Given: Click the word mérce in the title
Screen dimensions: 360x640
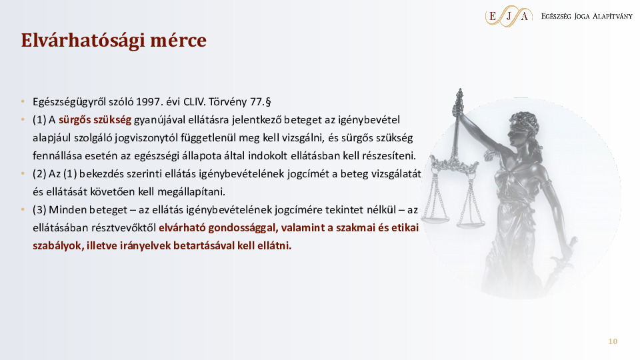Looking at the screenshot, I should [177, 41].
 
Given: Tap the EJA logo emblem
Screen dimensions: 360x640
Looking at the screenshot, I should [509, 16].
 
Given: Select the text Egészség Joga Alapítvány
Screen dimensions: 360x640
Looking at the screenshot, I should [587, 16].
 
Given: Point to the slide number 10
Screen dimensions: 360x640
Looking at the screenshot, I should [613, 342].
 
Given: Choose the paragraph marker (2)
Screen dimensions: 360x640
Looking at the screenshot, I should [39, 174].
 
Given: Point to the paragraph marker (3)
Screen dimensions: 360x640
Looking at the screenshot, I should [39, 210].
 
